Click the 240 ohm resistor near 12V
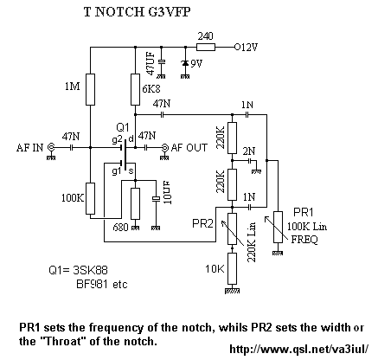coord(206,47)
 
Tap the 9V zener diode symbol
coord(185,63)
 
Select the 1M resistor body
coord(90,89)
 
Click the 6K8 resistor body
coord(135,89)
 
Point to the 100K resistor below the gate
coord(90,198)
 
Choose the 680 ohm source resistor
coord(135,203)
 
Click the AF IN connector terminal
coord(52,147)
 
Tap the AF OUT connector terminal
coord(165,148)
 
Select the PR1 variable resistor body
coord(278,227)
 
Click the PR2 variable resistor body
coord(232,228)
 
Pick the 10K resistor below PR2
coord(232,269)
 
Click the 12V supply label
coord(246,47)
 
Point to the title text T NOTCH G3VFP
coord(137,12)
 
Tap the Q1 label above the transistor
coord(122,127)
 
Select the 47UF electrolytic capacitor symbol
coord(162,61)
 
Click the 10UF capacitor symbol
coord(156,199)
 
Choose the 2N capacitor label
coord(248,151)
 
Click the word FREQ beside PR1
coord(304,240)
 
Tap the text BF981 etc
coord(101,284)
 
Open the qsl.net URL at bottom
coord(299,350)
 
